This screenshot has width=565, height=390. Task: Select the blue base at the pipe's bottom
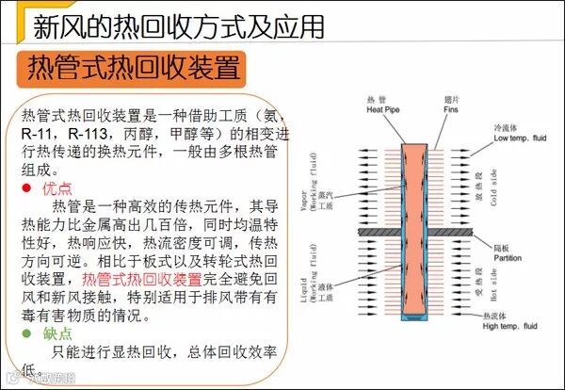point(412,317)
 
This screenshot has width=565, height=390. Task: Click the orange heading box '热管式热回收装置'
point(132,68)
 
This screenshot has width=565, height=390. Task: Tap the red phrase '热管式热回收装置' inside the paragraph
point(141,279)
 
